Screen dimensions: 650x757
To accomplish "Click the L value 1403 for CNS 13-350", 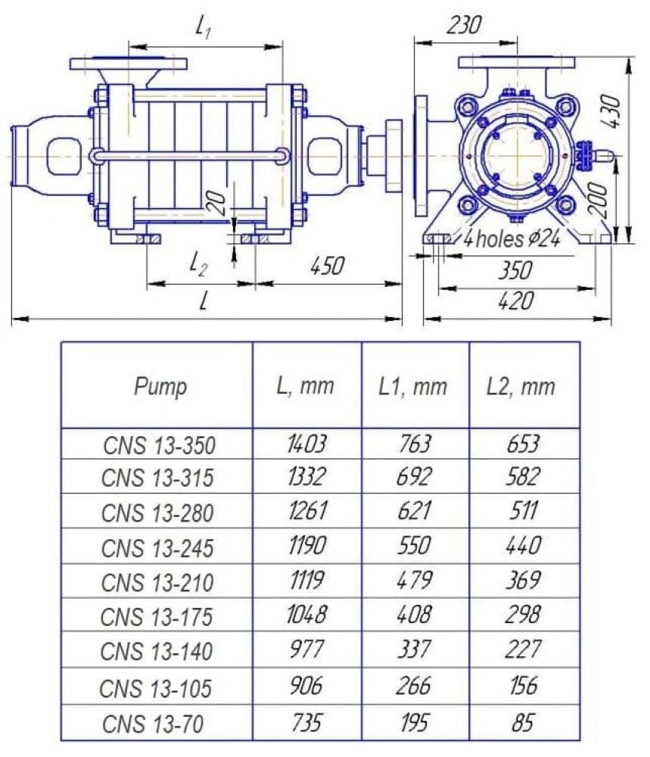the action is [307, 444].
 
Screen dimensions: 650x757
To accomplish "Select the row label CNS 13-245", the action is [157, 548].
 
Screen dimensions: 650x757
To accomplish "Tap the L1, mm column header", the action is [412, 386].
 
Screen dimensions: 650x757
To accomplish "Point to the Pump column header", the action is [160, 387].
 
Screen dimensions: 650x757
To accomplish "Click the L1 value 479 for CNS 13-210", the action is [415, 580].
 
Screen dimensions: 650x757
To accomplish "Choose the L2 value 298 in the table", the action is [523, 615].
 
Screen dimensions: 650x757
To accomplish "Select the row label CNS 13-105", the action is [155, 688].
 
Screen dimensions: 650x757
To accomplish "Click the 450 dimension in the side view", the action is [327, 266].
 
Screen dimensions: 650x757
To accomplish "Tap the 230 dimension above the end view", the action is [463, 25].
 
